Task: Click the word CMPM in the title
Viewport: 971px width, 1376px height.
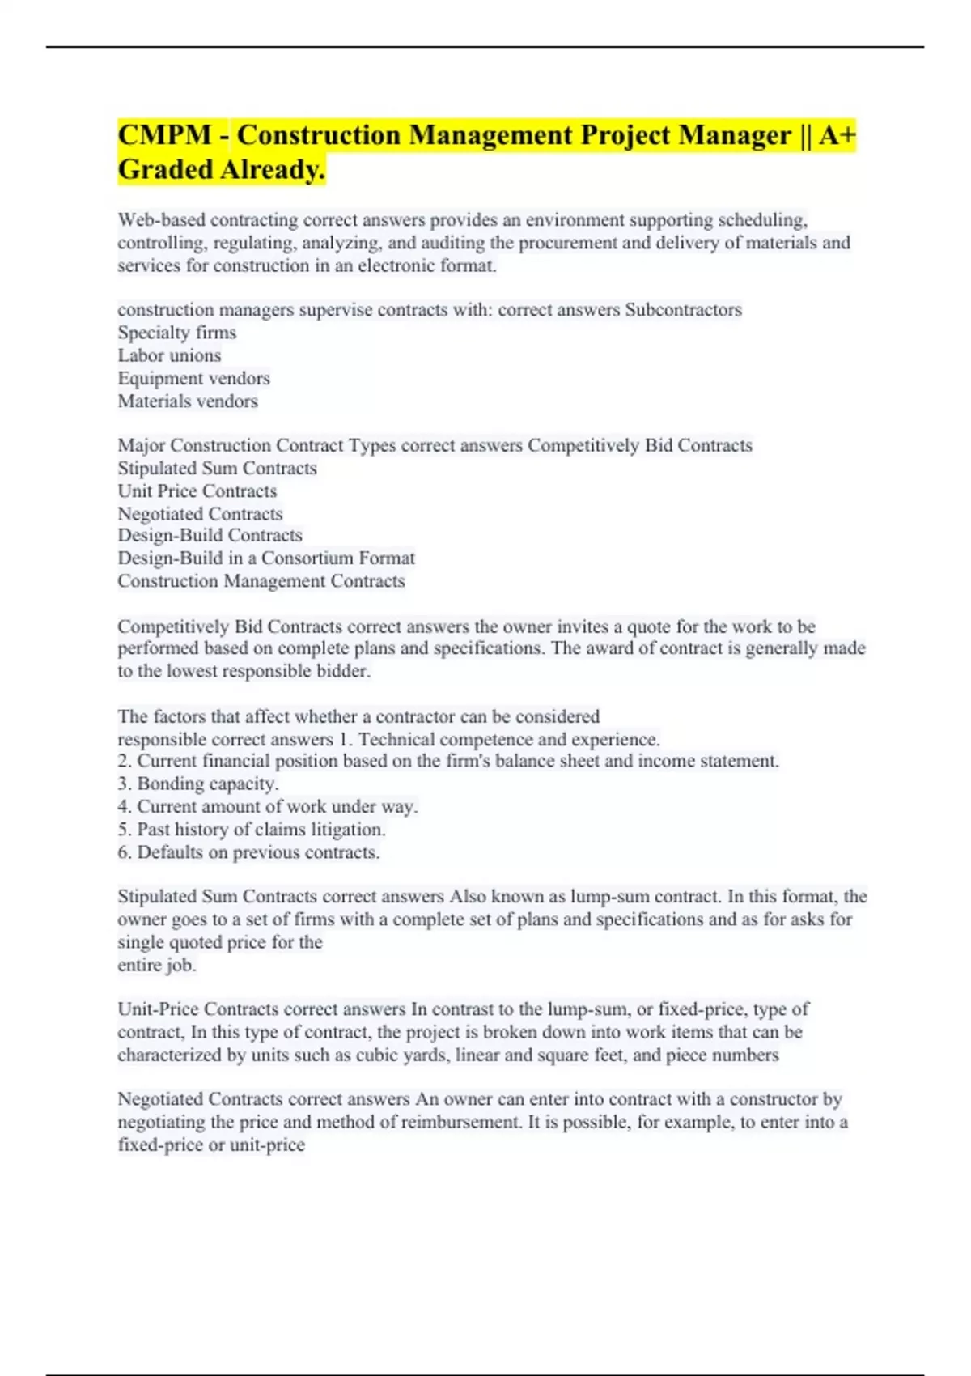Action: point(164,135)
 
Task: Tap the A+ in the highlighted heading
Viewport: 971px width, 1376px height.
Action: point(837,135)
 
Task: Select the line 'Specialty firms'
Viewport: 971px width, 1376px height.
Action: point(177,333)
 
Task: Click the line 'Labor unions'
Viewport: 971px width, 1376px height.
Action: point(169,355)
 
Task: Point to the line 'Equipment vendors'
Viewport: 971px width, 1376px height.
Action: point(193,378)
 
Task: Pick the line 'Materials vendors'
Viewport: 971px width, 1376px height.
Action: point(188,401)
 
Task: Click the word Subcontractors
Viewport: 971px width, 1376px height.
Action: point(683,310)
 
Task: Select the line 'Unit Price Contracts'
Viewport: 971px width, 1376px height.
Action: point(197,491)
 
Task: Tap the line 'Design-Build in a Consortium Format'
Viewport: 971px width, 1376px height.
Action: point(266,558)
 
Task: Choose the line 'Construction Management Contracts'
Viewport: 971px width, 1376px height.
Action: point(261,581)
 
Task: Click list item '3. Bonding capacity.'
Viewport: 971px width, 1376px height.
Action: point(198,784)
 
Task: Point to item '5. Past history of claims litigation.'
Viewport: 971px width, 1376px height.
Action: point(252,830)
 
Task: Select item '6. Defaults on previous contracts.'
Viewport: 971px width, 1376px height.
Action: point(248,852)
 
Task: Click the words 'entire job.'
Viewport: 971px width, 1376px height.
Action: point(157,965)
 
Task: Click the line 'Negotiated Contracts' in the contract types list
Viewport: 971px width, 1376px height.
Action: point(200,514)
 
